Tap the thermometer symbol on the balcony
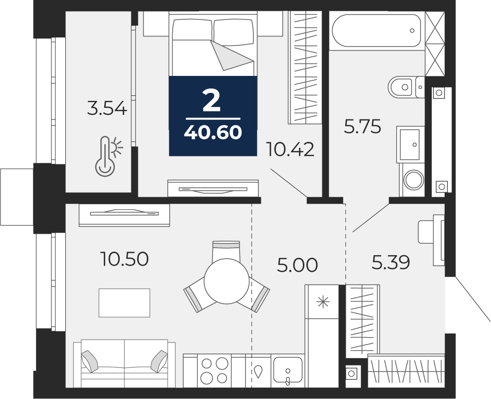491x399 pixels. click(x=108, y=156)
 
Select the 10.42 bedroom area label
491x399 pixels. click(x=289, y=149)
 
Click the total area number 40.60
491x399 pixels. click(x=213, y=132)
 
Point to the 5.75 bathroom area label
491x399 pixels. click(x=362, y=127)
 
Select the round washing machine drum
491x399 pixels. click(x=414, y=180)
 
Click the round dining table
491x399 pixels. click(x=227, y=281)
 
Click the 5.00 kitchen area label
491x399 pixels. click(x=297, y=265)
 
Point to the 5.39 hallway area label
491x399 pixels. click(x=391, y=262)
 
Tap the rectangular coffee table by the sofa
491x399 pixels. click(x=124, y=303)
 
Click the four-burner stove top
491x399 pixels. click(x=215, y=371)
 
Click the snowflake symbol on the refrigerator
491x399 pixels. click(x=322, y=302)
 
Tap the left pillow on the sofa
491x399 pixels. click(x=89, y=361)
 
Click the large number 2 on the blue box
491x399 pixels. click(x=212, y=100)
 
